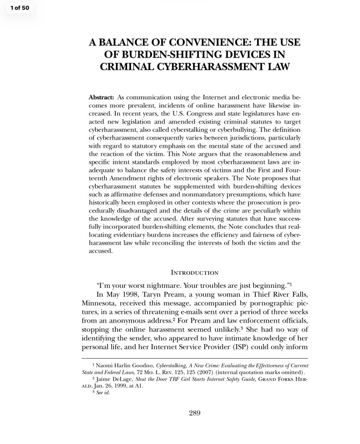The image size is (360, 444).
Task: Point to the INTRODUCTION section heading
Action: click(195, 272)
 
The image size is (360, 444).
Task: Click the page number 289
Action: click(195, 413)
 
